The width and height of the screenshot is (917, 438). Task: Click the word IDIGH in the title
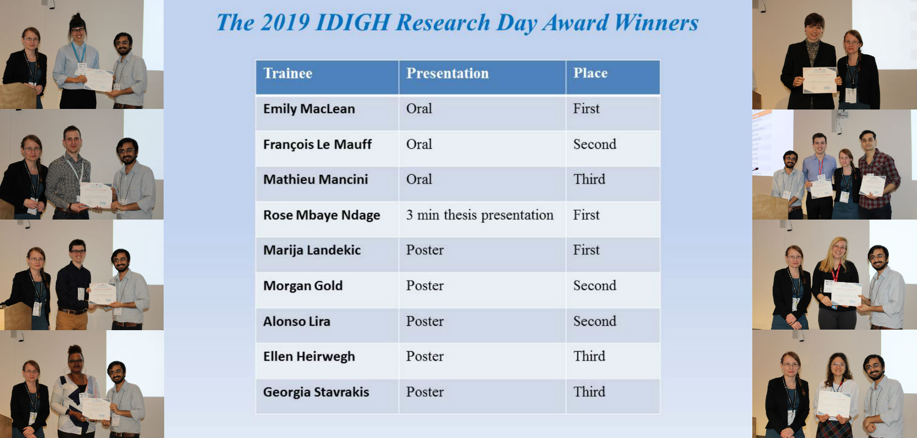[x=353, y=22]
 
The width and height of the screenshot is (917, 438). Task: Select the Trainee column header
[x=288, y=74]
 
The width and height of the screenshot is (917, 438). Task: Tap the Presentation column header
[x=448, y=74]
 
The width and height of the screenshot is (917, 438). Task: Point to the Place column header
[x=590, y=73]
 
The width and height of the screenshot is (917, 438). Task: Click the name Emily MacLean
[x=309, y=109]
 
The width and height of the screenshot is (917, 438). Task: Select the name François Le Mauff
[x=317, y=145]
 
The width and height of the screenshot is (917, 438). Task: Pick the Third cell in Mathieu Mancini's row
[x=589, y=179]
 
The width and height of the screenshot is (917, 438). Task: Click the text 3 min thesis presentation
[x=480, y=215]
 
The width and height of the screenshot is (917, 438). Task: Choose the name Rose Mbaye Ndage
[x=321, y=216]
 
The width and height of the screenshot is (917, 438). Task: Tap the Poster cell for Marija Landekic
[x=425, y=250]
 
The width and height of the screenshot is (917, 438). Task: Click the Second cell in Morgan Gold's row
[x=594, y=285]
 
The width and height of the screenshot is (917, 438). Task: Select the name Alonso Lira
[x=297, y=322]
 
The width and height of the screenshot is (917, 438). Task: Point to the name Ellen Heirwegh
[x=309, y=357]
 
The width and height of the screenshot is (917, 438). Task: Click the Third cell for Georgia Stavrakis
[x=589, y=392]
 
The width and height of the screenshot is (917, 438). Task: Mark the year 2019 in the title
[x=285, y=22]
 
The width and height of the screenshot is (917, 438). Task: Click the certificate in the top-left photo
[x=98, y=80]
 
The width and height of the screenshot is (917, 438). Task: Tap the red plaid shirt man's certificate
[x=872, y=186]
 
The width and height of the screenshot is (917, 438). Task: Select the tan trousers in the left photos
[x=72, y=320]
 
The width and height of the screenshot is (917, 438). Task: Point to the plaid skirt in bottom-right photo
[x=834, y=429]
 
